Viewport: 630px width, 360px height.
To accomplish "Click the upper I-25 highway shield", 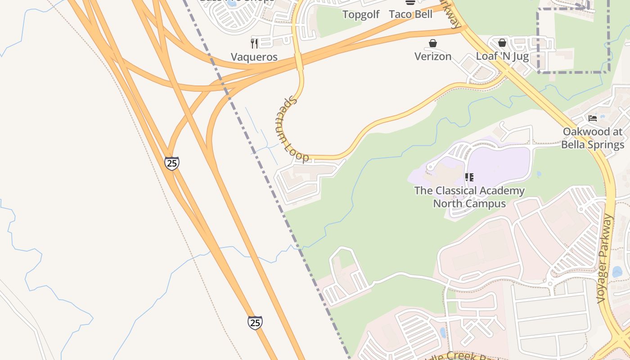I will [x=171, y=163].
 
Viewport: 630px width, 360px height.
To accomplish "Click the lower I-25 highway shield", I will [x=255, y=322].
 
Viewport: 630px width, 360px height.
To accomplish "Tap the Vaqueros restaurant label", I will [x=254, y=57].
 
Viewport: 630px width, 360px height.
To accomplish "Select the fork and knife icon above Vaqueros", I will [x=254, y=43].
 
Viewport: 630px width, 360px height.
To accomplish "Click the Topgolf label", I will [x=361, y=14].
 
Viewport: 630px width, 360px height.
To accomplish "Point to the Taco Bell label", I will [x=410, y=14].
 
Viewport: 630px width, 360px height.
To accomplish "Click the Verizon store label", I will [x=432, y=56].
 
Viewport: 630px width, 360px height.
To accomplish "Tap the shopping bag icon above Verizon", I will [x=432, y=43].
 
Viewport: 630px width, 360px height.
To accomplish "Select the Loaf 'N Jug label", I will [x=502, y=56].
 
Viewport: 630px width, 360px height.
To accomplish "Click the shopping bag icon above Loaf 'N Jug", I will [x=502, y=43].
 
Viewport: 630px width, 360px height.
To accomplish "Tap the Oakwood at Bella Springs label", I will [x=593, y=138].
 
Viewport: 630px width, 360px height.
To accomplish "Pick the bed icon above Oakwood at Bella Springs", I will [x=593, y=118].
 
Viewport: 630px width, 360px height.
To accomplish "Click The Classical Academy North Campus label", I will [x=469, y=197].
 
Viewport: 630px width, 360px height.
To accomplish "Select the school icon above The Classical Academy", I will [x=469, y=177].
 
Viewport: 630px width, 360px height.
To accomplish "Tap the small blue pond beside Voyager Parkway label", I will [x=617, y=272].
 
